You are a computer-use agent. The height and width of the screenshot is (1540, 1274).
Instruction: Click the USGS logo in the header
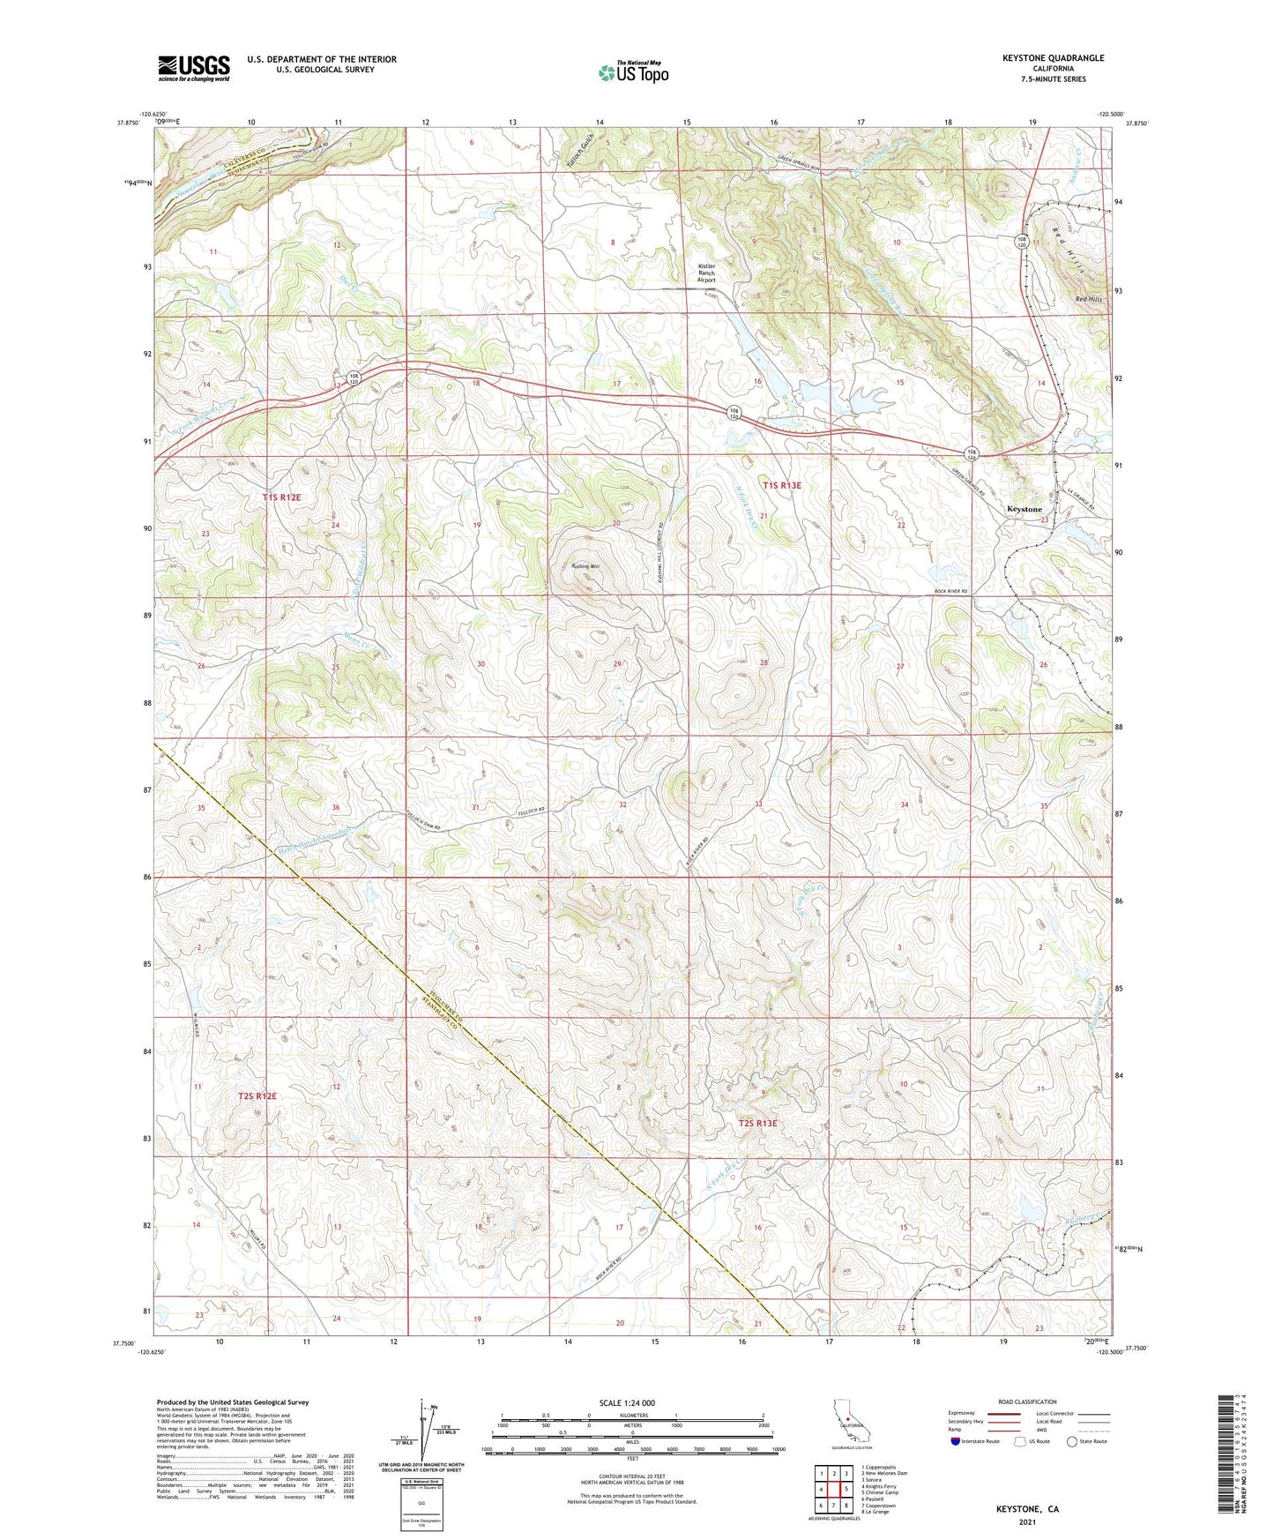tap(194, 67)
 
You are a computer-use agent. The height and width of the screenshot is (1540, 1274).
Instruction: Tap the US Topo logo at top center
tap(633, 72)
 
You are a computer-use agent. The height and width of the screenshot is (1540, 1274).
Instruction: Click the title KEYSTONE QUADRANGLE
tap(1053, 58)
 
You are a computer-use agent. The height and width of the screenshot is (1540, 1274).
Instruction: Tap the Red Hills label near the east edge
tap(1089, 300)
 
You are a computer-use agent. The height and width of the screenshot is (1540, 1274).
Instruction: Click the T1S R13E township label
tap(782, 485)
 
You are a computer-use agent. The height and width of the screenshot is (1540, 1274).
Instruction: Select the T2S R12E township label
tap(257, 1096)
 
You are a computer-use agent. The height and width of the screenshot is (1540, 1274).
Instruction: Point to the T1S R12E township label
tap(281, 497)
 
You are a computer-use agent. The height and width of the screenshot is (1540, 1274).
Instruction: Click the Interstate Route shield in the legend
tap(956, 1441)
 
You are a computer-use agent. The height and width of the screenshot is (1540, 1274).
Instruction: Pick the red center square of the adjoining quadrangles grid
tap(834, 1490)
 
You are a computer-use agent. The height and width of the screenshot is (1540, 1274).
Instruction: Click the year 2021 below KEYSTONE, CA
tap(1027, 1522)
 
